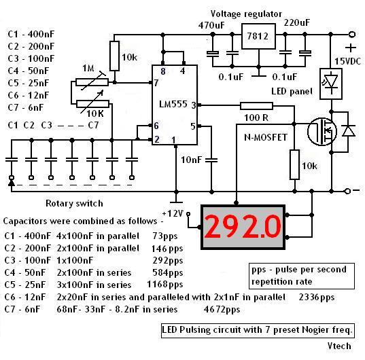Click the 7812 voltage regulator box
(258, 36)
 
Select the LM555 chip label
(173, 104)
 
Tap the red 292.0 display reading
(243, 227)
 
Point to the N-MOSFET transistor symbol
(322, 132)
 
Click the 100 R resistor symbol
(256, 106)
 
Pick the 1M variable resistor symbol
(92, 82)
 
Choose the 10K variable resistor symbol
(92, 104)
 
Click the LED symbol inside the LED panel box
(331, 82)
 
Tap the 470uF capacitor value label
(211, 25)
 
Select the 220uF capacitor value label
(297, 23)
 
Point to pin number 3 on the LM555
(194, 105)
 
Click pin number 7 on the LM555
(156, 83)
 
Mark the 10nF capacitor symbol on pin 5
(212, 160)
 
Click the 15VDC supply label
(348, 61)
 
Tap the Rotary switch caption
(74, 204)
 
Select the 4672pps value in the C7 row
(222, 310)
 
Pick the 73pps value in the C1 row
(165, 236)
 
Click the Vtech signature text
(339, 346)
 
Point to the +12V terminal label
(173, 213)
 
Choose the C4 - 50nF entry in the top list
(29, 71)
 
